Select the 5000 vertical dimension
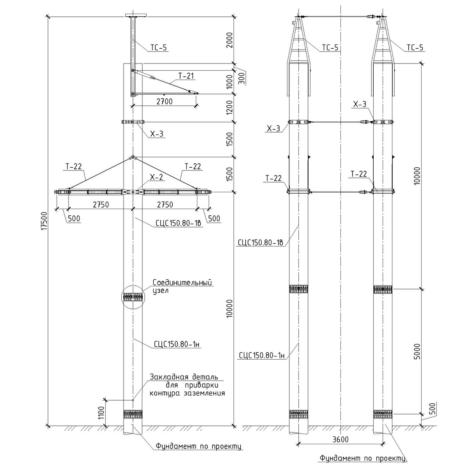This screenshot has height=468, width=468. (x=417, y=352)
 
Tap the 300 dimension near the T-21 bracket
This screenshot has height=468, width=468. (x=241, y=78)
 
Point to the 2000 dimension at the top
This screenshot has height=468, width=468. (x=230, y=40)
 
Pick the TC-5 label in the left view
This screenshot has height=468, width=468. (x=158, y=48)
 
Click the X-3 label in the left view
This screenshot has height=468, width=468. (x=156, y=134)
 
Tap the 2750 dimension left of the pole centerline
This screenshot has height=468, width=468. (x=101, y=205)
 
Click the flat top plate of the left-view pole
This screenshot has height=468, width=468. (x=135, y=16)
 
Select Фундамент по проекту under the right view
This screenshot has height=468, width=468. (x=362, y=458)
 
